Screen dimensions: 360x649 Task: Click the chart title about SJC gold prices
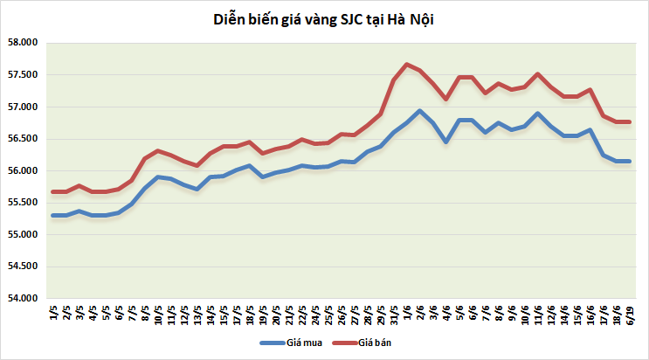[x=323, y=19]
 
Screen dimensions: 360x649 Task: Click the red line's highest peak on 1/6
[x=407, y=64]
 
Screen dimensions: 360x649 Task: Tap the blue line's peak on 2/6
[x=420, y=111]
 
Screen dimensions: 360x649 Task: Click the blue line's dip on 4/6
[x=445, y=141]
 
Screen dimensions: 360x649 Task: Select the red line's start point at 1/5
[x=54, y=191]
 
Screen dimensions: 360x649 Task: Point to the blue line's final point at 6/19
[x=629, y=161]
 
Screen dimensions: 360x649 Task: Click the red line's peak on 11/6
[x=537, y=73]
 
